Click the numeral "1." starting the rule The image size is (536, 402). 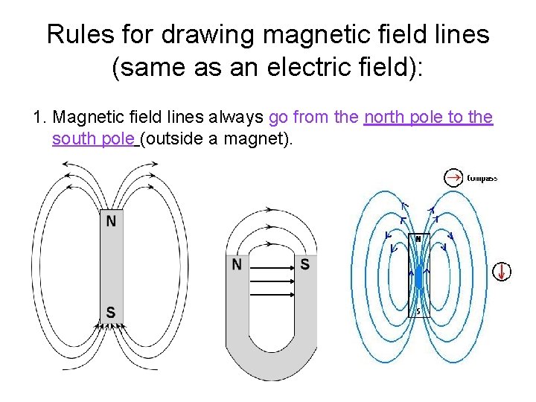point(40,118)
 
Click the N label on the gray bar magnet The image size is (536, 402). point(110,220)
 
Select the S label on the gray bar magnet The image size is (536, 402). point(110,312)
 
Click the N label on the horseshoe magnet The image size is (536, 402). point(237,264)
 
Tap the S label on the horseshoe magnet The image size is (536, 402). point(304,264)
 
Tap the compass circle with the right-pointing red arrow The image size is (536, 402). point(453,177)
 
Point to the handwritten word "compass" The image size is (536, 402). point(482,178)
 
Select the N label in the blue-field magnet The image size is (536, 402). point(418,239)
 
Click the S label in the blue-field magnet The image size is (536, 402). point(418,310)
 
